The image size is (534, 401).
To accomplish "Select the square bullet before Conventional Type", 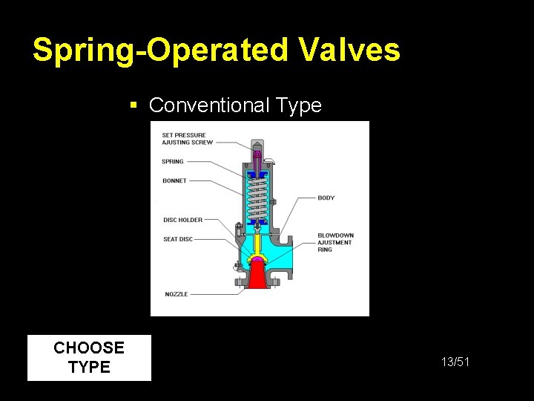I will (134, 105).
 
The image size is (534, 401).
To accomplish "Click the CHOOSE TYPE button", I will (89, 358).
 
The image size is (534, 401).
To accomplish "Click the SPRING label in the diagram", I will (172, 161).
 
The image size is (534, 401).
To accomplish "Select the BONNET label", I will (174, 180).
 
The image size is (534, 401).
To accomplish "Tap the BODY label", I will (326, 198).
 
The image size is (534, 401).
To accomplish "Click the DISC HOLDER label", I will (182, 220).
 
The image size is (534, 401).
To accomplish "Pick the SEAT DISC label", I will (178, 239).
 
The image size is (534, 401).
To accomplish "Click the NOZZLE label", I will (176, 294).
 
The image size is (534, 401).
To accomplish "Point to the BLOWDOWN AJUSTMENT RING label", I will (335, 243).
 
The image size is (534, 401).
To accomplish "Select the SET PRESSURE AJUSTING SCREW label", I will (187, 139).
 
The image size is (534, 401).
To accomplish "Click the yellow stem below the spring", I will (257, 241).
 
